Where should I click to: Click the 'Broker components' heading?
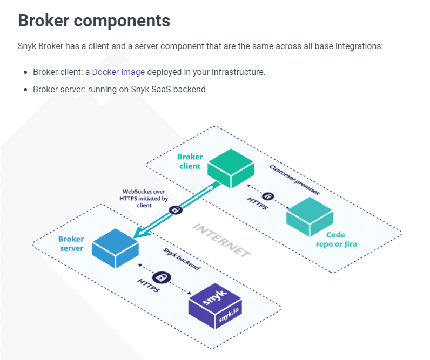click(x=94, y=21)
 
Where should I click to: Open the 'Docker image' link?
click(x=118, y=72)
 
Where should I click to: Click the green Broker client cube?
click(x=231, y=167)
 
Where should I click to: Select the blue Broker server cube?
click(x=115, y=248)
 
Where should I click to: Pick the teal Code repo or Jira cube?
click(x=309, y=216)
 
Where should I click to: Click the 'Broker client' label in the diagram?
click(x=190, y=161)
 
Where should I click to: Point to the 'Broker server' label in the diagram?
click(x=71, y=243)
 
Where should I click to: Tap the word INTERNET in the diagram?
click(x=222, y=239)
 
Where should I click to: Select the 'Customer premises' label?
click(x=294, y=180)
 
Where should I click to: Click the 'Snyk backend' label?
click(x=182, y=260)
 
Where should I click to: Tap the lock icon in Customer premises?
click(x=268, y=196)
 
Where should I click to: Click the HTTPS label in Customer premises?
click(x=257, y=205)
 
